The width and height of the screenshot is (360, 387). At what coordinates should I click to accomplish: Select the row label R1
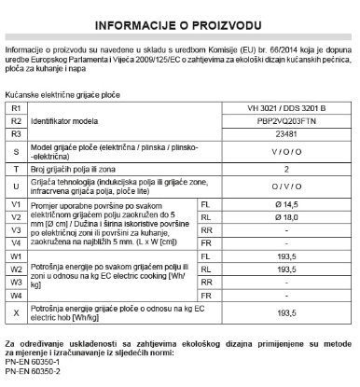pos(14,109)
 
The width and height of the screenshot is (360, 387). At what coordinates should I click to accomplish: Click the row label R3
pos(14,134)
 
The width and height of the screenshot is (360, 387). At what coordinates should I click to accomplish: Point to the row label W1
pos(14,255)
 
